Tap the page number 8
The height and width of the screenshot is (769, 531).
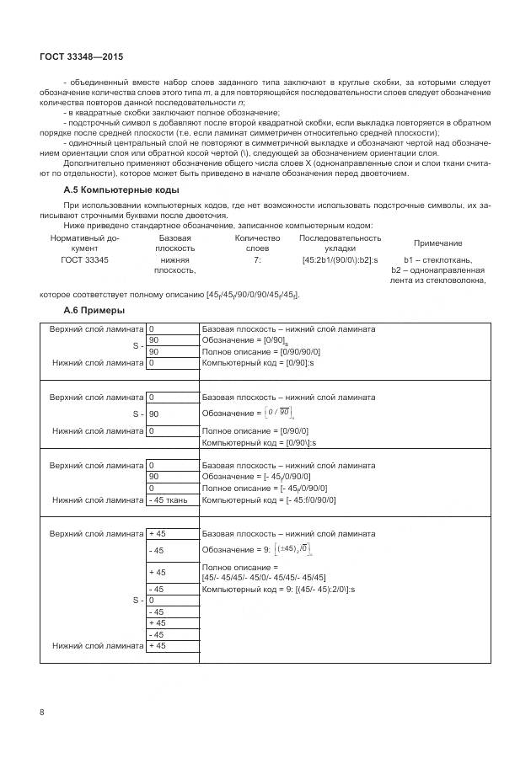point(42,713)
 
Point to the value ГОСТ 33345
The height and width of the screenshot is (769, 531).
point(84,260)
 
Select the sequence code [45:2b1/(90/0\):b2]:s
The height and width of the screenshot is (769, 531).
point(340,260)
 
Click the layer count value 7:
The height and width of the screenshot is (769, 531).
point(257,260)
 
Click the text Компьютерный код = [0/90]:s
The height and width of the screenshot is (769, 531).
point(258,363)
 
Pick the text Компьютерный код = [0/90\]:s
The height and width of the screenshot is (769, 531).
point(260,442)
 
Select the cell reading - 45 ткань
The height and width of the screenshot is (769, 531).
point(172,499)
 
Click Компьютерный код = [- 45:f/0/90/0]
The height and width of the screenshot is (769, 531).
point(269,499)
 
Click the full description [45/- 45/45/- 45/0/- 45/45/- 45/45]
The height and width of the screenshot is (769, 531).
point(264,577)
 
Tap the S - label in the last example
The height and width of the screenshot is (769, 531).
point(138,601)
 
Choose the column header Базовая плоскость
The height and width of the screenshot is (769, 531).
point(175,243)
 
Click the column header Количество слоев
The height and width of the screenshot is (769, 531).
point(257,243)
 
